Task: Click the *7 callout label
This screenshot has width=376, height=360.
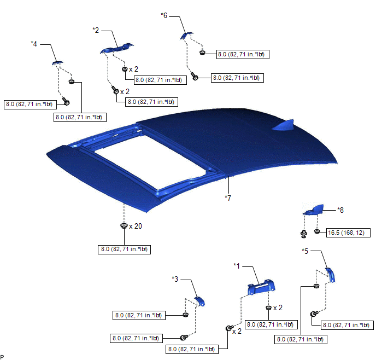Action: click(228, 198)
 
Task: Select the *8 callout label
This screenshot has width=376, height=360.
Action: click(340, 210)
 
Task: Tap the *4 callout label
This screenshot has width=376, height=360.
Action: click(34, 44)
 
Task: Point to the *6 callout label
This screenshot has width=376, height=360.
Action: click(164, 16)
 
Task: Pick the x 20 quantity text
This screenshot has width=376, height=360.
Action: click(136, 226)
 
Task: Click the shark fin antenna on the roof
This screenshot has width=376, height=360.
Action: click(283, 125)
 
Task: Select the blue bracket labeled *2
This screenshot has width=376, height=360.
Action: click(117, 49)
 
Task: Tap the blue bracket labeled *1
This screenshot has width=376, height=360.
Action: click(261, 287)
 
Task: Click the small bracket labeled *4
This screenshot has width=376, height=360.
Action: click(57, 63)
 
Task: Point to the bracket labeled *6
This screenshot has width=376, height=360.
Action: click(186, 35)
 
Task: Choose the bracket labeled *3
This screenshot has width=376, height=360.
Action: click(200, 301)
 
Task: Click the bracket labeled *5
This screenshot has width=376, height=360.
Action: click(330, 275)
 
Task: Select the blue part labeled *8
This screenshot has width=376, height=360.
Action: click(313, 210)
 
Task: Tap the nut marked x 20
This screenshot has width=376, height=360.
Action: click(124, 225)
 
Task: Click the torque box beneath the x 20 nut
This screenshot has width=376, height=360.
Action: click(124, 249)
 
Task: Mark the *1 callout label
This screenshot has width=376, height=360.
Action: click(237, 266)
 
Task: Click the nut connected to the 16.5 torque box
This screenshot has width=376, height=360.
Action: click(317, 231)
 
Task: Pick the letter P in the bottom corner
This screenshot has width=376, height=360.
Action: click(2, 357)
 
